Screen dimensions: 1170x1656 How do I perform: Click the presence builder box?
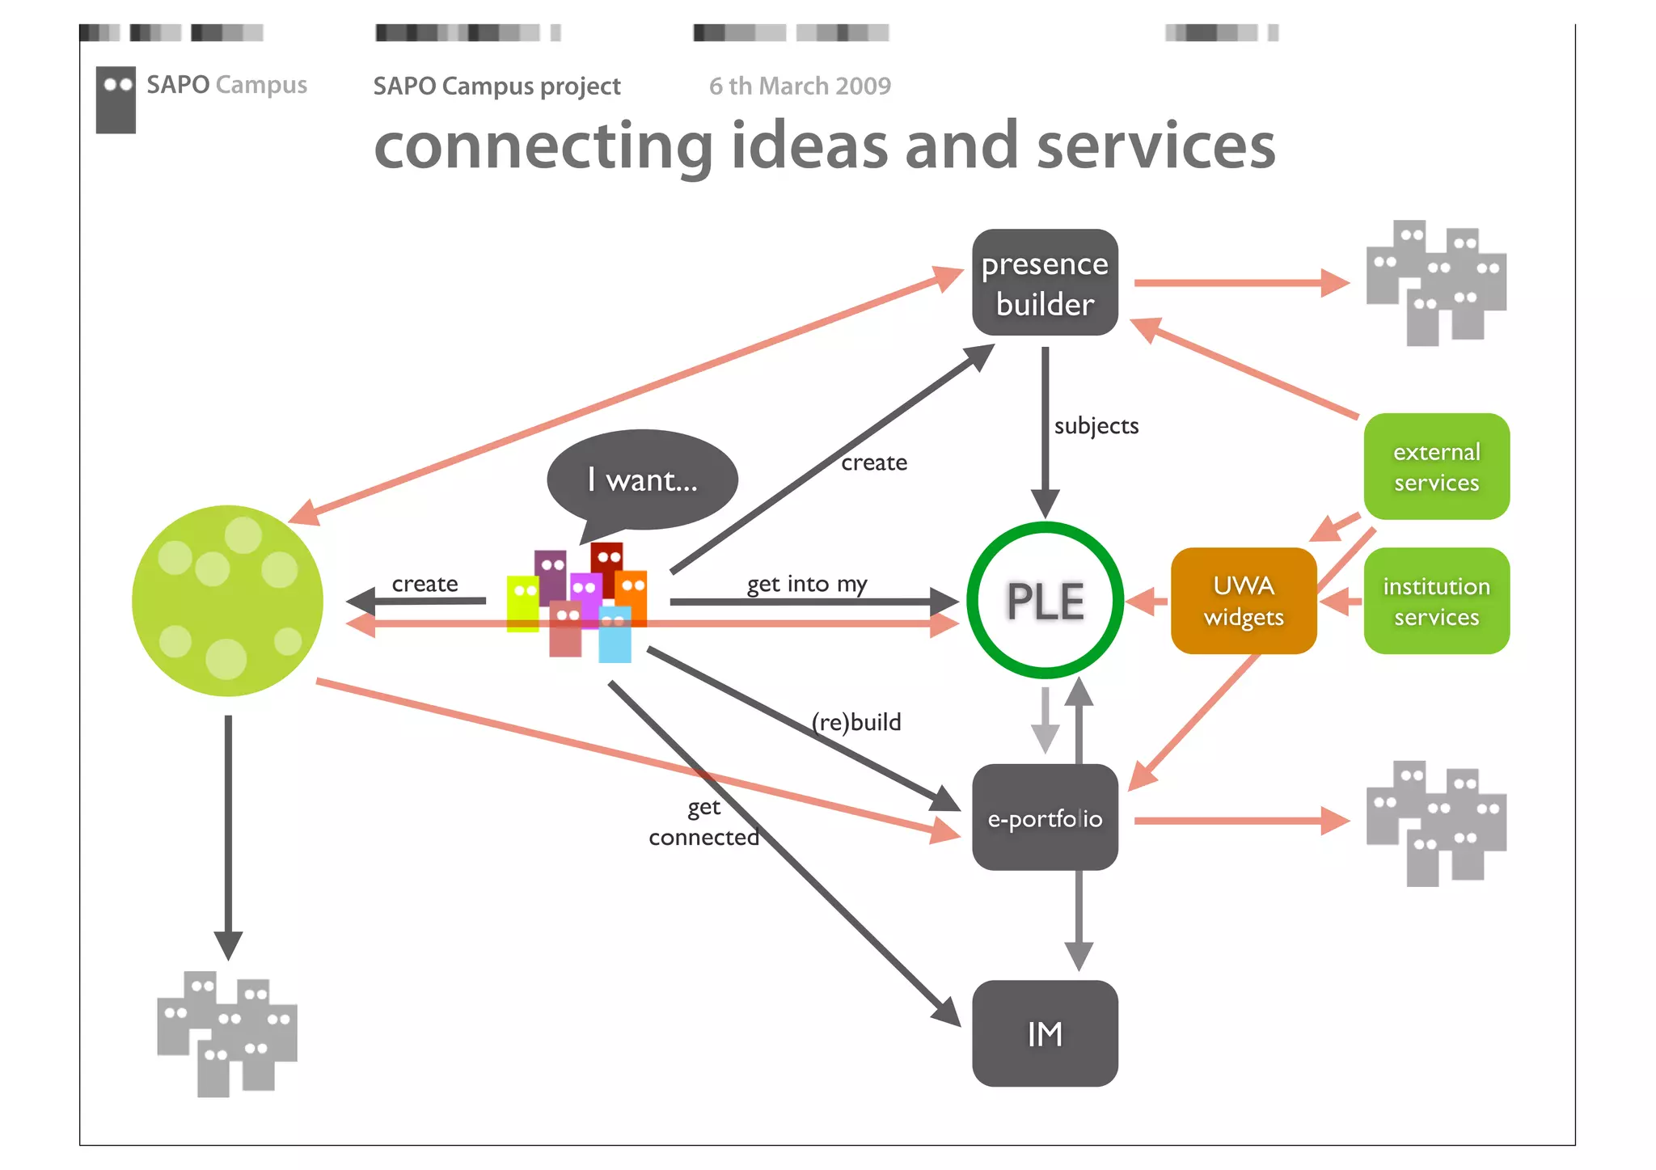click(x=1045, y=283)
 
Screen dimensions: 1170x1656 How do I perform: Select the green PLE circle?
click(x=1045, y=601)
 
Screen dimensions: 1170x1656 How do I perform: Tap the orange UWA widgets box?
click(x=1244, y=601)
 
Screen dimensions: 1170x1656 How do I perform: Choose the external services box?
click(x=1436, y=467)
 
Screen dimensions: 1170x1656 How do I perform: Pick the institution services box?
click(x=1436, y=601)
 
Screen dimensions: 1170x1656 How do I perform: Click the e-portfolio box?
click(x=1045, y=817)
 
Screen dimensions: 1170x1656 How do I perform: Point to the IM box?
click(x=1045, y=1033)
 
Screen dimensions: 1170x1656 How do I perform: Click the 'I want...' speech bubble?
click(x=642, y=480)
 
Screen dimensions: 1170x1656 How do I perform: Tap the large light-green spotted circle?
click(x=227, y=601)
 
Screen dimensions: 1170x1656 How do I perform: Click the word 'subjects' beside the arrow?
click(x=1096, y=426)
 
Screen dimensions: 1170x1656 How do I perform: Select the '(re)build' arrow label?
click(x=856, y=722)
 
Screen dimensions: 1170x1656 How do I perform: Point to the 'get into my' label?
click(x=806, y=584)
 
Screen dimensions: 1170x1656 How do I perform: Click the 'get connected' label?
click(x=703, y=822)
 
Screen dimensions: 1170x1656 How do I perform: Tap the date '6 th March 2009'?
click(x=800, y=86)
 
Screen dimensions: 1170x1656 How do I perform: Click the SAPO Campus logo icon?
click(x=116, y=99)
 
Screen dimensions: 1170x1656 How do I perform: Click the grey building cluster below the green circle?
click(x=227, y=1033)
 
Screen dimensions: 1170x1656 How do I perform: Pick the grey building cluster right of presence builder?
click(x=1436, y=283)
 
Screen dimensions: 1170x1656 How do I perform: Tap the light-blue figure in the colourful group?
click(x=615, y=636)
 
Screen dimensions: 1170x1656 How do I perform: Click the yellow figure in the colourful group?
click(x=522, y=602)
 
